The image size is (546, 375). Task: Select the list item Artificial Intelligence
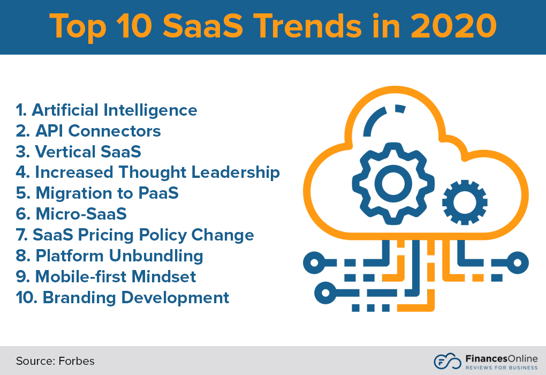[x=107, y=110]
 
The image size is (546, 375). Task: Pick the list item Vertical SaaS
[x=79, y=152]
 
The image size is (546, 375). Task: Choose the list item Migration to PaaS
[x=97, y=193]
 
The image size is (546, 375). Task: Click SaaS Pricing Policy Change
[x=135, y=235]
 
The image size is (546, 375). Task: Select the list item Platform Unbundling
[x=110, y=256]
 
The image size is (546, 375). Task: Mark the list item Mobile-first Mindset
[x=106, y=276]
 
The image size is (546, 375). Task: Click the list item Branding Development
[x=123, y=297]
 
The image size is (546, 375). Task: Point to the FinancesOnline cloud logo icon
[x=447, y=361]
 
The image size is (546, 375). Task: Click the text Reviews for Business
[x=501, y=367]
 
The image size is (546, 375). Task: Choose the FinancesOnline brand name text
[x=501, y=357]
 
